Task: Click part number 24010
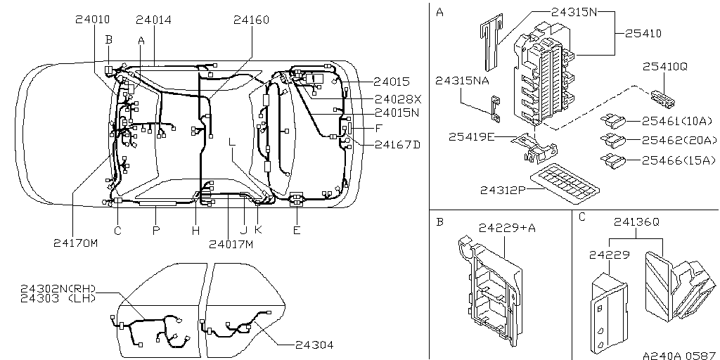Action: pos(92,20)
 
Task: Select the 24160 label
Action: pos(251,20)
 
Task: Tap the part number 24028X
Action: pos(397,98)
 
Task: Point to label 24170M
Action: pos(75,243)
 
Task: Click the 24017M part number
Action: pos(230,244)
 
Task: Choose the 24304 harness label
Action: pos(314,345)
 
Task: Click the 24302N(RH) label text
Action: pos(58,289)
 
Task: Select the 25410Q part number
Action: pos(664,66)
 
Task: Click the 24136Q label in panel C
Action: pos(636,221)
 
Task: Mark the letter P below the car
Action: pos(156,230)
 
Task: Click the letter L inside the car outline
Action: pos(231,143)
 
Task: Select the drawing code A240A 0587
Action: pos(679,354)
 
